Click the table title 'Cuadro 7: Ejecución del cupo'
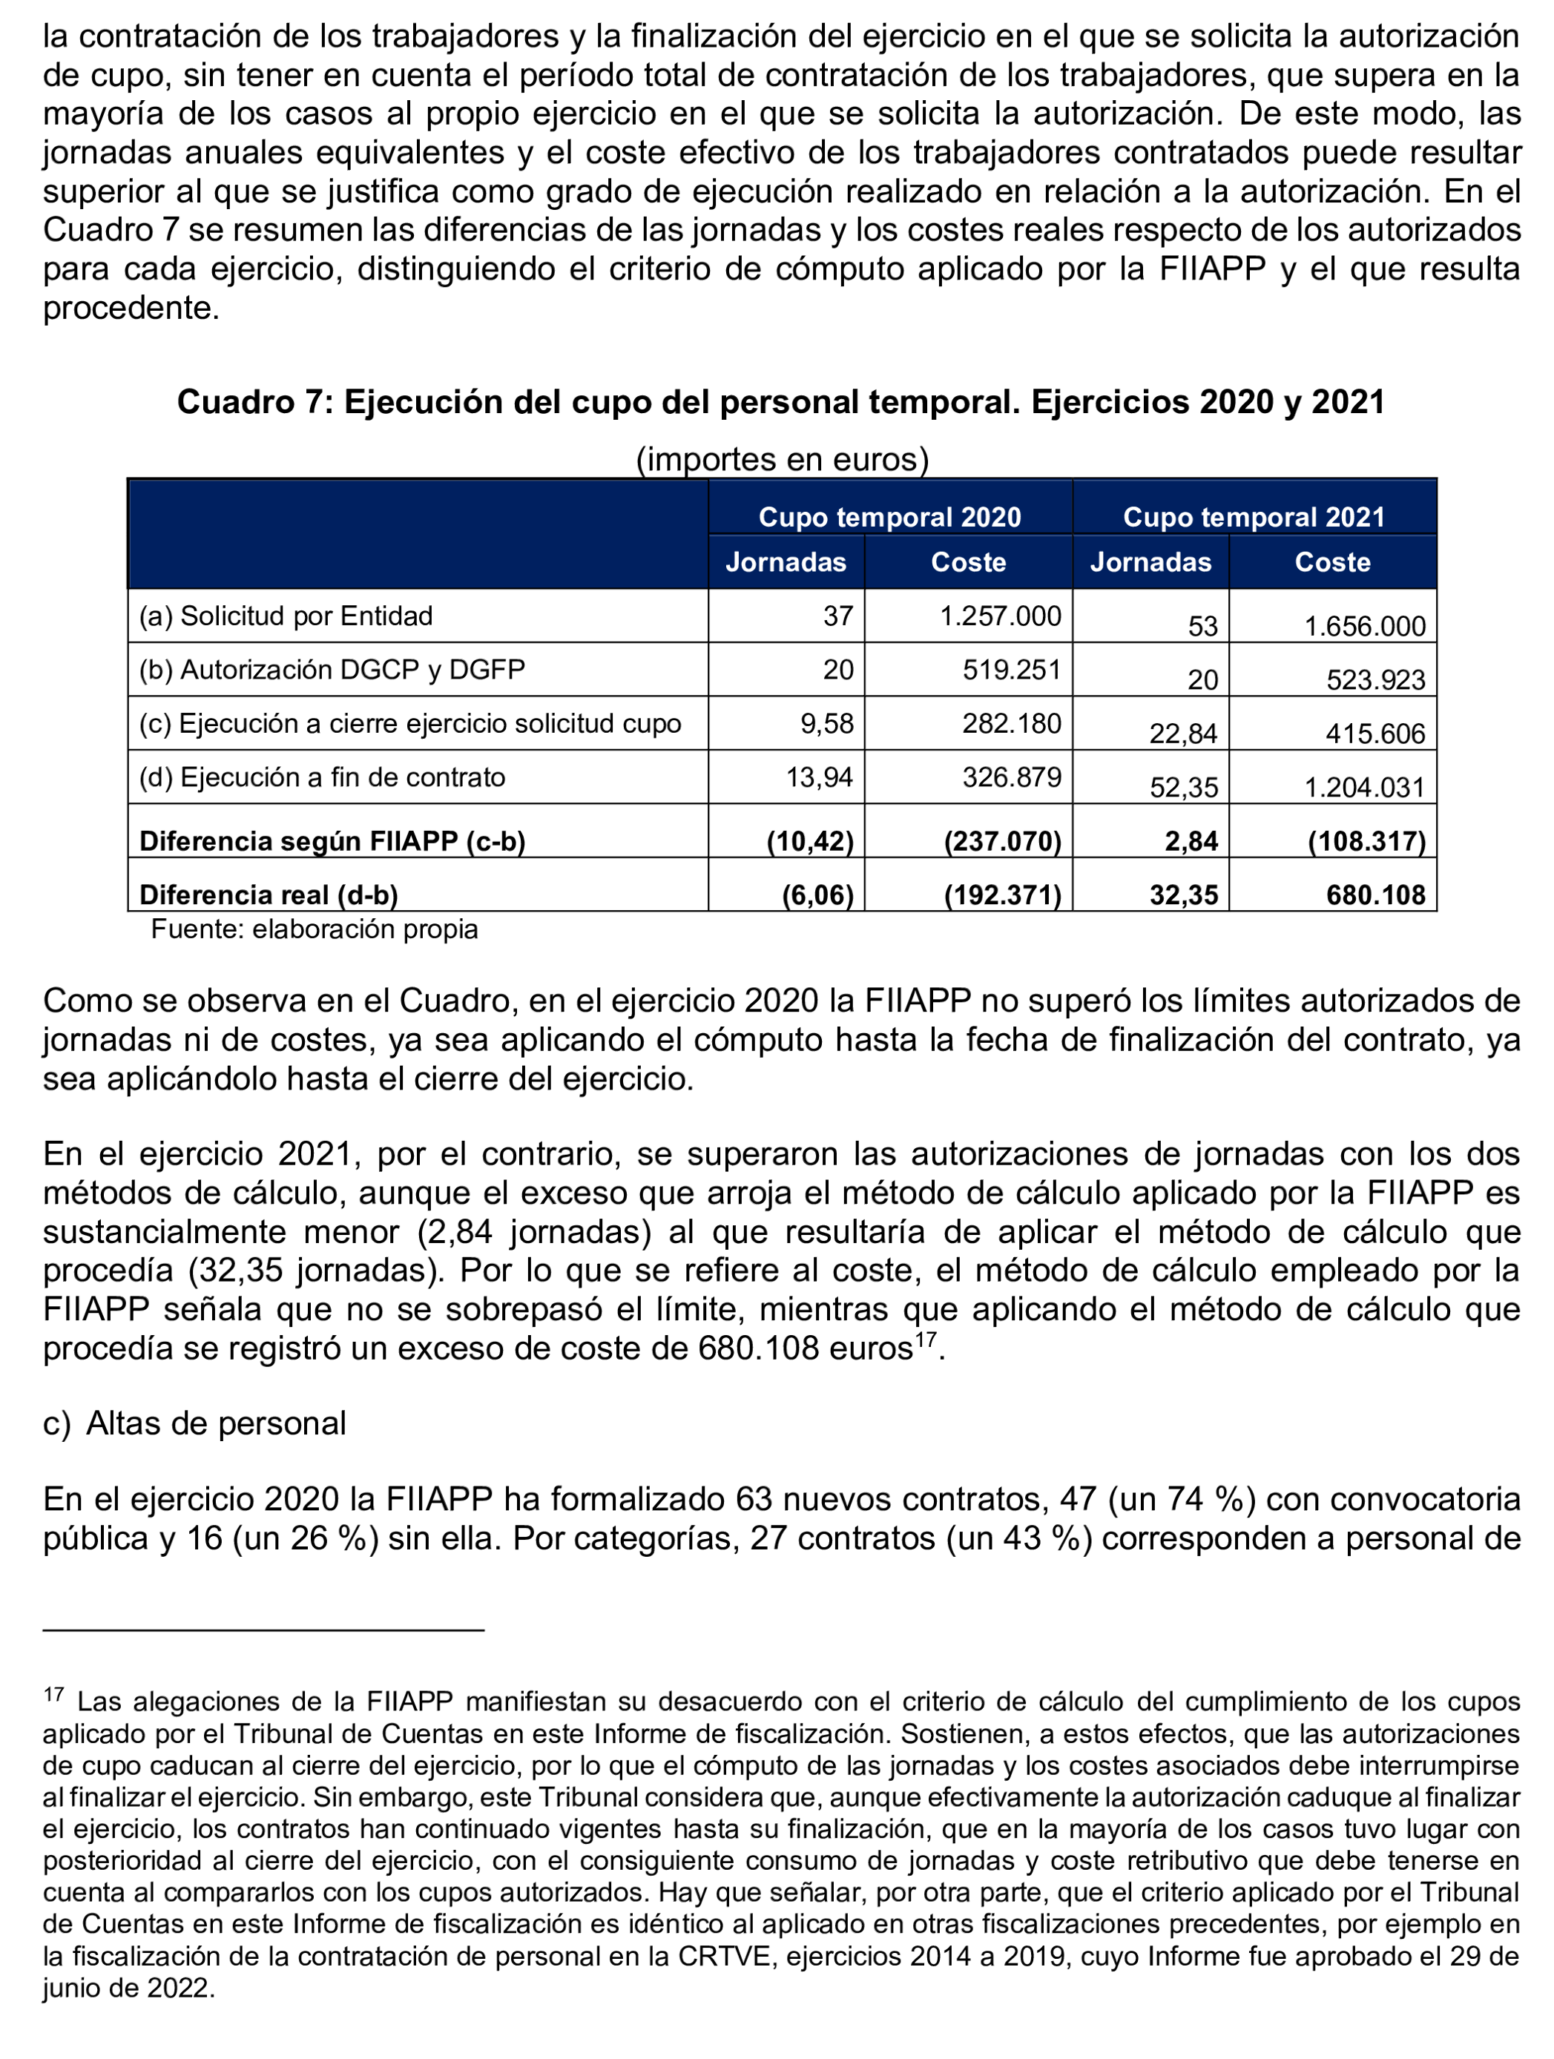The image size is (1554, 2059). pyautogui.click(x=780, y=402)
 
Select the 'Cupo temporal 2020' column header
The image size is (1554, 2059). pyautogui.click(x=889, y=517)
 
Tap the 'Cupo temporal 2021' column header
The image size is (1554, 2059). pyautogui.click(x=1254, y=517)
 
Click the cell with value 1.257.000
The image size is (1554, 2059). pyautogui.click(x=1000, y=616)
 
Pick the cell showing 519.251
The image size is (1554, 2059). pyautogui.click(x=1011, y=671)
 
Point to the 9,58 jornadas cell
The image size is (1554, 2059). pyautogui.click(x=827, y=723)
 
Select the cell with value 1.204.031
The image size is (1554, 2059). pyautogui.click(x=1364, y=788)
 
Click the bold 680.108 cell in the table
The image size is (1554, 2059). pyautogui.click(x=1375, y=895)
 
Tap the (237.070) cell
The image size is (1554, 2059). pyautogui.click(x=1002, y=841)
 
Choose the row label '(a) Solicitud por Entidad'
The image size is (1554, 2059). pyautogui.click(x=286, y=616)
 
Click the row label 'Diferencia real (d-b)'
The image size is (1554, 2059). pyautogui.click(x=269, y=895)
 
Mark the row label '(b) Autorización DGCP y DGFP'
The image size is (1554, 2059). pyautogui.click(x=332, y=671)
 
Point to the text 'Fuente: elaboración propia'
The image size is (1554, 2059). pyautogui.click(x=314, y=929)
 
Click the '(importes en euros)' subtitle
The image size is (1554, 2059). pyautogui.click(x=781, y=459)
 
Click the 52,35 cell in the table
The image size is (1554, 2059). pyautogui.click(x=1183, y=788)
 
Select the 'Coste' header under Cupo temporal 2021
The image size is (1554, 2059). pyautogui.click(x=1332, y=562)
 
